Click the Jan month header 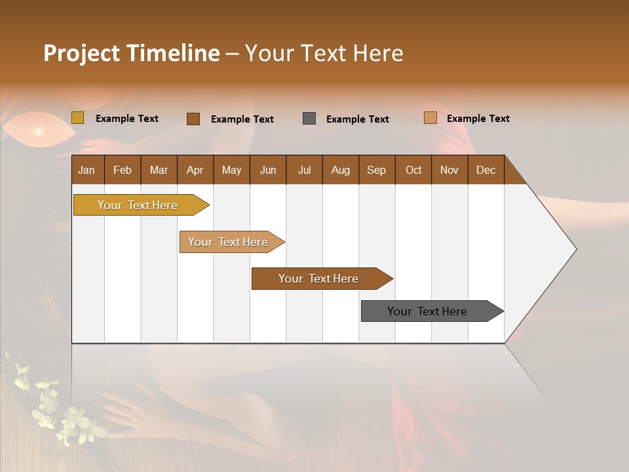tap(86, 170)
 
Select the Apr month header tap(195, 170)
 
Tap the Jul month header tap(304, 170)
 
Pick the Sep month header tap(376, 170)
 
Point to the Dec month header tap(486, 170)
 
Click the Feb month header tap(123, 170)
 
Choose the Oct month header tap(413, 170)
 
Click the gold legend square tap(77, 118)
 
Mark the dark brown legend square tap(193, 119)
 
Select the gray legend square tap(309, 119)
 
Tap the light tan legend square tap(430, 118)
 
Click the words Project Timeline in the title tap(131, 53)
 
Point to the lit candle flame tap(38, 132)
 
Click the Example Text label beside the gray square tap(357, 119)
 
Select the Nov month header tap(449, 170)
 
